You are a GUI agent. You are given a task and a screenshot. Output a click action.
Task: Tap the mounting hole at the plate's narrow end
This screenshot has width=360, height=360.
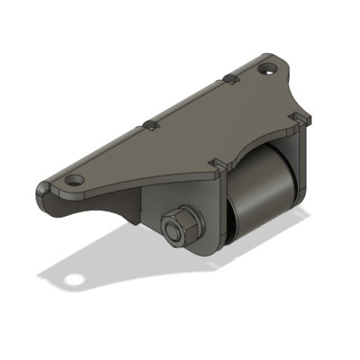[x=74, y=180]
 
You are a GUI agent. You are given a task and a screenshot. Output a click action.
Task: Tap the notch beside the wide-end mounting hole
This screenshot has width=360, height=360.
[x=230, y=80]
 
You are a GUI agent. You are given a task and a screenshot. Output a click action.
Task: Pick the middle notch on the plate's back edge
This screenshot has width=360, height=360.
[x=150, y=124]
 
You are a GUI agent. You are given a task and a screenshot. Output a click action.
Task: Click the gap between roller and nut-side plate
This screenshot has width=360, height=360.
[x=227, y=225]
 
